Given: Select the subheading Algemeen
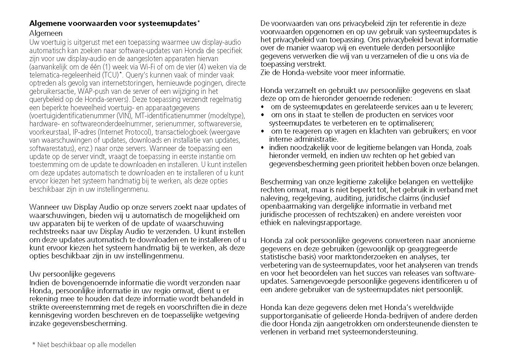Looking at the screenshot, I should pyautogui.click(x=46, y=33).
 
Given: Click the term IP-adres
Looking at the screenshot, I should pyautogui.click(x=81, y=132).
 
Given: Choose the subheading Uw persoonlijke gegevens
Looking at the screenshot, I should pyautogui.click(x=72, y=274).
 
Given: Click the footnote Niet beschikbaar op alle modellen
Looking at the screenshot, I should pyautogui.click(x=87, y=345).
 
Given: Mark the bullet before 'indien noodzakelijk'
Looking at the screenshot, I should pyautogui.click(x=263, y=148).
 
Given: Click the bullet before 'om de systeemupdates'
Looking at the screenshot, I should pyautogui.click(x=263, y=107).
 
